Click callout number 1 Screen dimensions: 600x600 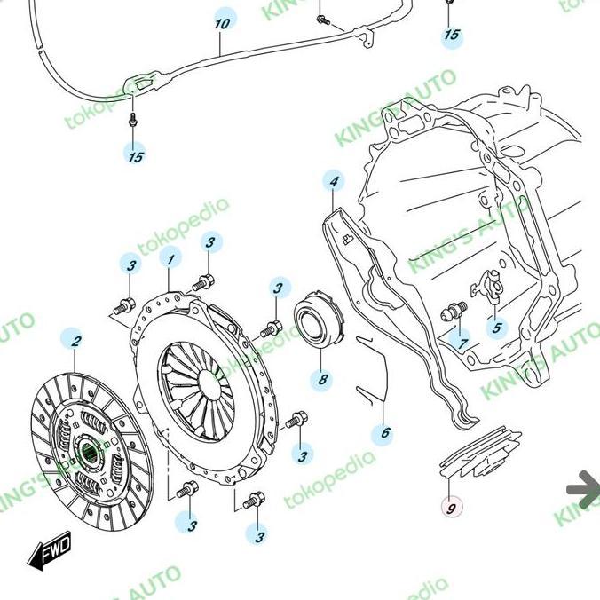pos(170,259)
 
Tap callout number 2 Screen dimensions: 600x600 pos(76,341)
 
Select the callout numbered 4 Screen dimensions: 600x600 pos(334,183)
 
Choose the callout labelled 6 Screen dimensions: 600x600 pos(385,433)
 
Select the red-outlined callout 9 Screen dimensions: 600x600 pos(452,508)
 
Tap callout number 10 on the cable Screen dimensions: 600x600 pos(222,20)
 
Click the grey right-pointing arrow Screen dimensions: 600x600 pos(582,489)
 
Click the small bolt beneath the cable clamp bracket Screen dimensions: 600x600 pos(132,119)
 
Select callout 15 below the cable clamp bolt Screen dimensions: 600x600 pos(134,156)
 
